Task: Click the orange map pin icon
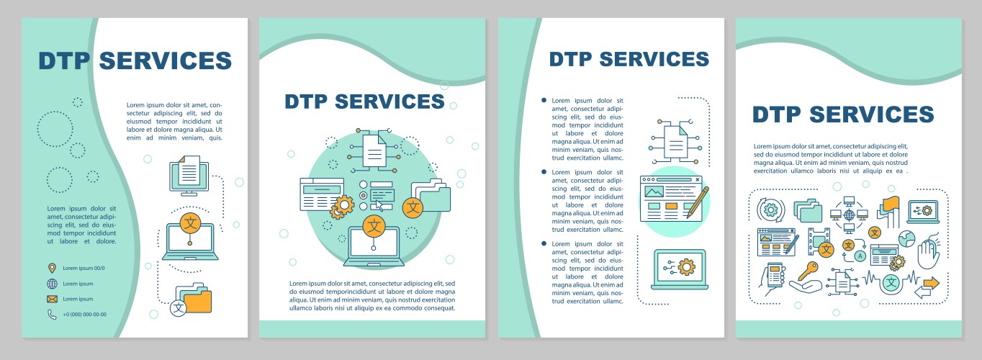point(52,268)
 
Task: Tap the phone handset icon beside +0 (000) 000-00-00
point(52,314)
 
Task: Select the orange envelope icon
point(52,299)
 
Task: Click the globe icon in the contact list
point(52,284)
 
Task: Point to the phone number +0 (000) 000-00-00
point(84,315)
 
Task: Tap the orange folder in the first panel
point(198,300)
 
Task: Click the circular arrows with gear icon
point(771,210)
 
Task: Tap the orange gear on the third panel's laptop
point(686,267)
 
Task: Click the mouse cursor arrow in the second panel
point(379,205)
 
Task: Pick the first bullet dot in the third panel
point(544,100)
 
